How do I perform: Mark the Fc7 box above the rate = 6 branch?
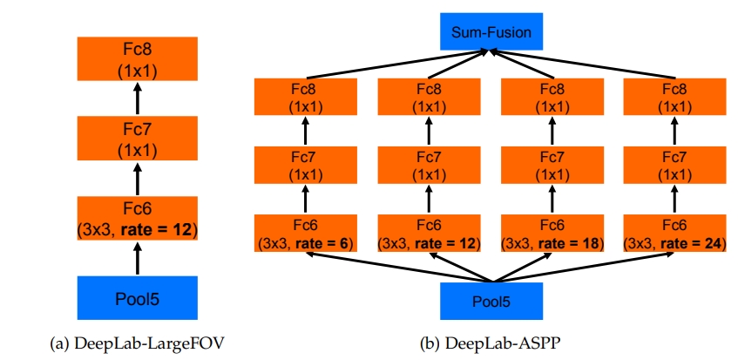click(305, 165)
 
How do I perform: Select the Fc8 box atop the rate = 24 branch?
click(673, 97)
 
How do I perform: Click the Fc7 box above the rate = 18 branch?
click(550, 165)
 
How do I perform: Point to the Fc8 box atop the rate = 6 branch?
click(305, 97)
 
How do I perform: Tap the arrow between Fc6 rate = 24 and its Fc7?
click(673, 200)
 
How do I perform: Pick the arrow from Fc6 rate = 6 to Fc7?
click(305, 200)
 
